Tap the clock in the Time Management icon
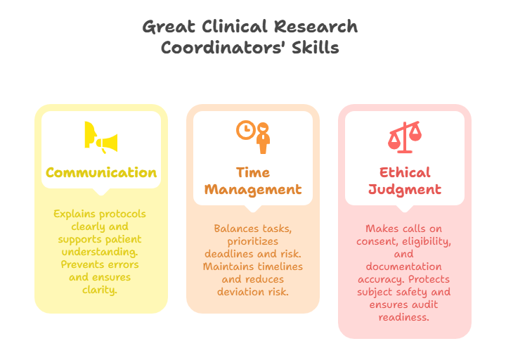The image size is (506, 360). (x=245, y=130)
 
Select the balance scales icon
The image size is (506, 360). (x=404, y=137)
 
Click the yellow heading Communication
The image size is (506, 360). (x=101, y=172)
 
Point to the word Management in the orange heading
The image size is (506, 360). (x=253, y=189)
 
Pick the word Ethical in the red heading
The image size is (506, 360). (x=405, y=172)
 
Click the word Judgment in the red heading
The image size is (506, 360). (x=405, y=189)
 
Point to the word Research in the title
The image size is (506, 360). (x=316, y=27)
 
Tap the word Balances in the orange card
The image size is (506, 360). (x=236, y=229)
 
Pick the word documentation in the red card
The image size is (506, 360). (x=404, y=266)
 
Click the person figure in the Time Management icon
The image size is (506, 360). (x=263, y=139)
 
